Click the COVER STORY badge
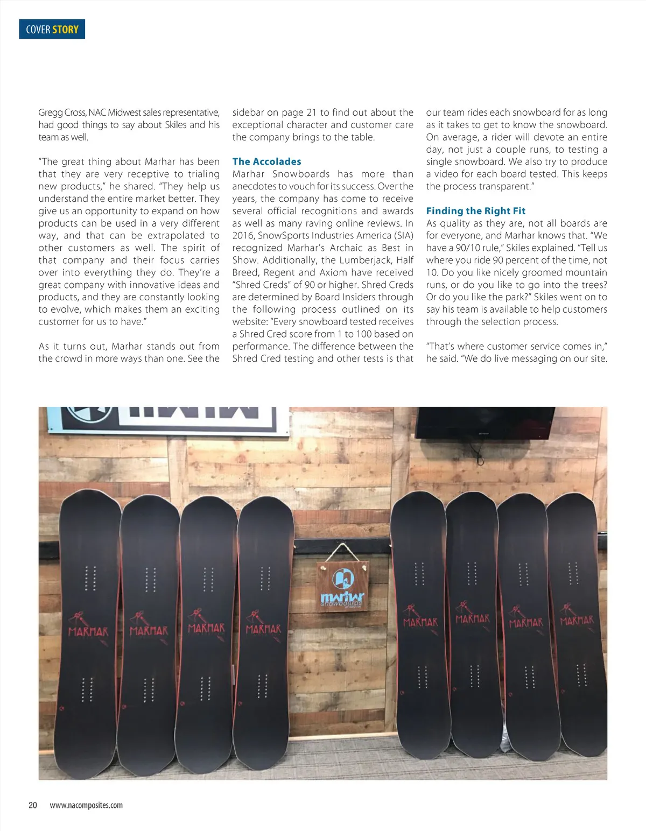[52, 30]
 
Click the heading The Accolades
[266, 161]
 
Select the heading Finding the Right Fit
[475, 211]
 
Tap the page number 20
[33, 805]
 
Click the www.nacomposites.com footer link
[86, 805]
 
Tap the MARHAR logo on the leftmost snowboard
[88, 631]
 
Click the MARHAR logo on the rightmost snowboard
[577, 621]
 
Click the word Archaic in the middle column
[346, 248]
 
